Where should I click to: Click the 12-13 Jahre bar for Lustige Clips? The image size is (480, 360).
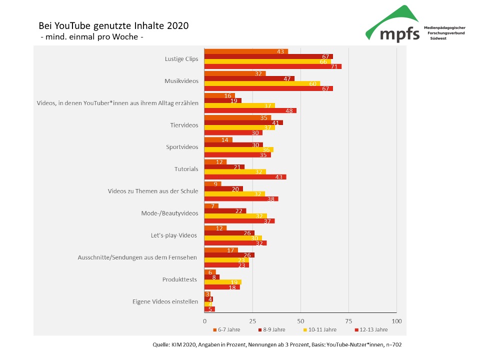tap(273, 66)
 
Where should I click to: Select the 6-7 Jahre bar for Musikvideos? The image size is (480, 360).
tap(235, 73)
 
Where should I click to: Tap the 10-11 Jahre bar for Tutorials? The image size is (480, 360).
tap(235, 171)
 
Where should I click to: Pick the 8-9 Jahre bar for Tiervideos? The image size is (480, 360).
tap(243, 122)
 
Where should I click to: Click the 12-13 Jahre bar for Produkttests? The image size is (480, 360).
tap(222, 287)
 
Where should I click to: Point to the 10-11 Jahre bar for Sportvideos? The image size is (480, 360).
tap(239, 149)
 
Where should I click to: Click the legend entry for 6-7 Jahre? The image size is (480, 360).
tap(227, 329)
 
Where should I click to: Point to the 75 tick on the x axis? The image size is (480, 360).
tap(348, 320)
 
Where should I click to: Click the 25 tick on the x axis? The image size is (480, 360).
tap(252, 320)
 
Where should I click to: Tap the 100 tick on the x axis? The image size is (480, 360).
tap(396, 320)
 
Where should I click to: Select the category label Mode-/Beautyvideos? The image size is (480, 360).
tap(170, 213)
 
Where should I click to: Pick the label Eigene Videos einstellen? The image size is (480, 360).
tap(165, 301)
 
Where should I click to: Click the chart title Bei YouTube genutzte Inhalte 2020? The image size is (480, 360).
tap(114, 26)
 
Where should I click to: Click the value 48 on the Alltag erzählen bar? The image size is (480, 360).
tap(288, 110)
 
